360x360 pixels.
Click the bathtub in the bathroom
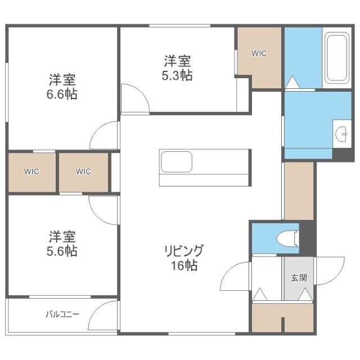point(337,58)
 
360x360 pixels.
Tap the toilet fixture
point(288,238)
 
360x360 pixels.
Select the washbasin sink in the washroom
point(342,134)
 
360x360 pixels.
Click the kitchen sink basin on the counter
point(176,161)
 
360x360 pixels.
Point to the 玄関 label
point(299,278)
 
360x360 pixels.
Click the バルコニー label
point(62,314)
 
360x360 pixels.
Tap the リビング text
point(184,251)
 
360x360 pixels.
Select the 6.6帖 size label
point(62,94)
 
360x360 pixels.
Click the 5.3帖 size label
point(177,75)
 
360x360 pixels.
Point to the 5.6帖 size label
point(62,251)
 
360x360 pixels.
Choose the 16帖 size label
point(184,265)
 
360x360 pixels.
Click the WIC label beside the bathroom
point(259,53)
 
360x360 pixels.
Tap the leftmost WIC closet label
point(31,171)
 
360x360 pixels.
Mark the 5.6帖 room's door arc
point(96,217)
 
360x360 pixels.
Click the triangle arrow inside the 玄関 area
point(305,295)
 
